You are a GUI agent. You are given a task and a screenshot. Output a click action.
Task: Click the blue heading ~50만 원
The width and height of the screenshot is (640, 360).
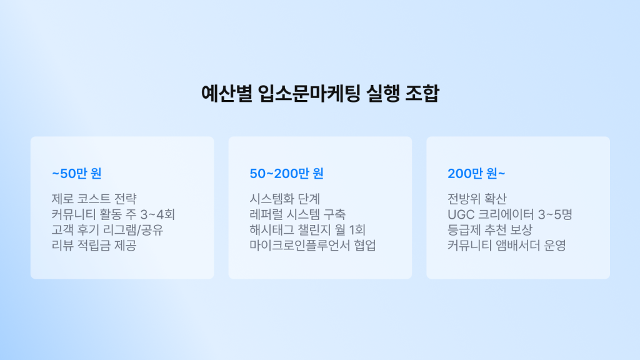click(x=76, y=173)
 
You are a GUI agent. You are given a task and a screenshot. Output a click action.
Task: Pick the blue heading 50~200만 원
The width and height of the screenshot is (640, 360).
click(x=286, y=173)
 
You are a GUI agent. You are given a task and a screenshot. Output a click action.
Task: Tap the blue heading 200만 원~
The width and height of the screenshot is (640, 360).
click(x=477, y=173)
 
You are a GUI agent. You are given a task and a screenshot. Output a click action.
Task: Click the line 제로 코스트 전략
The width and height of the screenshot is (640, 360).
click(x=93, y=199)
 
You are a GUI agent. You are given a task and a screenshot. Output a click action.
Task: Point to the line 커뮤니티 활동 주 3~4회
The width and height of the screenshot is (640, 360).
click(x=113, y=214)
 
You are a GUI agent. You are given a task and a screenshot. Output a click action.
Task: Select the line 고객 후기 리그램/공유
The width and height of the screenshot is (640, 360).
click(x=107, y=230)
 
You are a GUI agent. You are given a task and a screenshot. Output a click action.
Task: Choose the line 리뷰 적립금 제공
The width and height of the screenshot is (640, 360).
click(x=93, y=246)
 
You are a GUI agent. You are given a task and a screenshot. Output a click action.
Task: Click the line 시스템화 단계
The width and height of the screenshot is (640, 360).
click(x=284, y=199)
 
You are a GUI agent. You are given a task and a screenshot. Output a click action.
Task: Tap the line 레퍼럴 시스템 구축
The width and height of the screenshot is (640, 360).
click(x=297, y=214)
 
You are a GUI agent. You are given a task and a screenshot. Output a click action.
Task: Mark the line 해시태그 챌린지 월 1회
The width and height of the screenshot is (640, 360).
click(x=307, y=230)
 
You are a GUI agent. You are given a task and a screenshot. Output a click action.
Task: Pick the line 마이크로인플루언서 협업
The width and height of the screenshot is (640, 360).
click(x=312, y=246)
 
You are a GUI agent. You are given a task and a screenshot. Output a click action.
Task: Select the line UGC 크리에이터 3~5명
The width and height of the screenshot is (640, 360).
click(x=509, y=214)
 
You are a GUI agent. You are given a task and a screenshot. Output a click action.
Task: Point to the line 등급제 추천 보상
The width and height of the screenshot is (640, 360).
click(x=489, y=230)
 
